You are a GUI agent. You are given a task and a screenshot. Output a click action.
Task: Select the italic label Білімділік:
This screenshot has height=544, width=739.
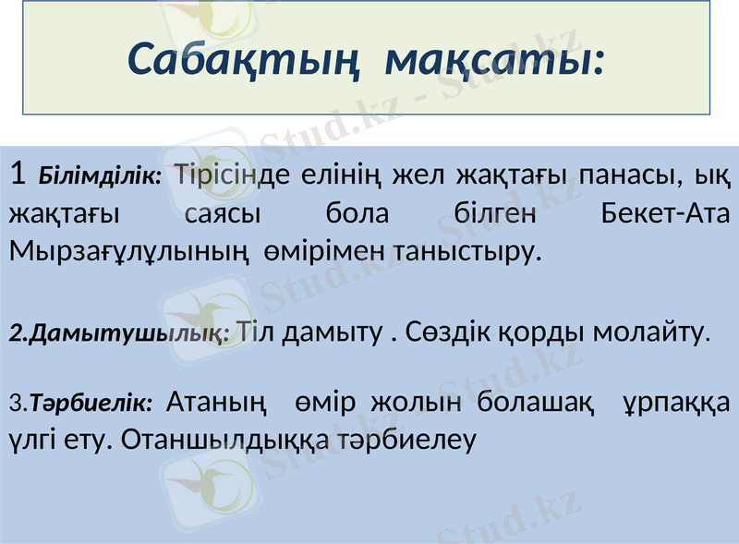101,175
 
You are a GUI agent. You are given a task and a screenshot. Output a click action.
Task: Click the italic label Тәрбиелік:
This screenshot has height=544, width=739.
98,404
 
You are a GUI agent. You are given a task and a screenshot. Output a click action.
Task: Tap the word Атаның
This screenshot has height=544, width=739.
219,403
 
